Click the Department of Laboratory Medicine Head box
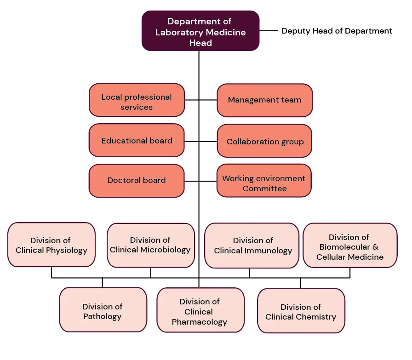pyautogui.click(x=200, y=31)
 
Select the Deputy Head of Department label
pyautogui.click(x=337, y=31)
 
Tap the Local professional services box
pyautogui.click(x=137, y=100)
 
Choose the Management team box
pyautogui.click(x=264, y=100)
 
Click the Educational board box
pyautogui.click(x=137, y=141)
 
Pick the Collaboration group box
pyautogui.click(x=264, y=141)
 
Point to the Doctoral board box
pyautogui.click(x=137, y=181)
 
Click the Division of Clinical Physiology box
pyautogui.click(x=51, y=245)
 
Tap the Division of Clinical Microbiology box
pyautogui.click(x=151, y=245)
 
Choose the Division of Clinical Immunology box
pyautogui.click(x=252, y=246)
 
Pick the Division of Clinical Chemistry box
pyautogui.click(x=301, y=311)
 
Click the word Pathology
pyautogui.click(x=103, y=316)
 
